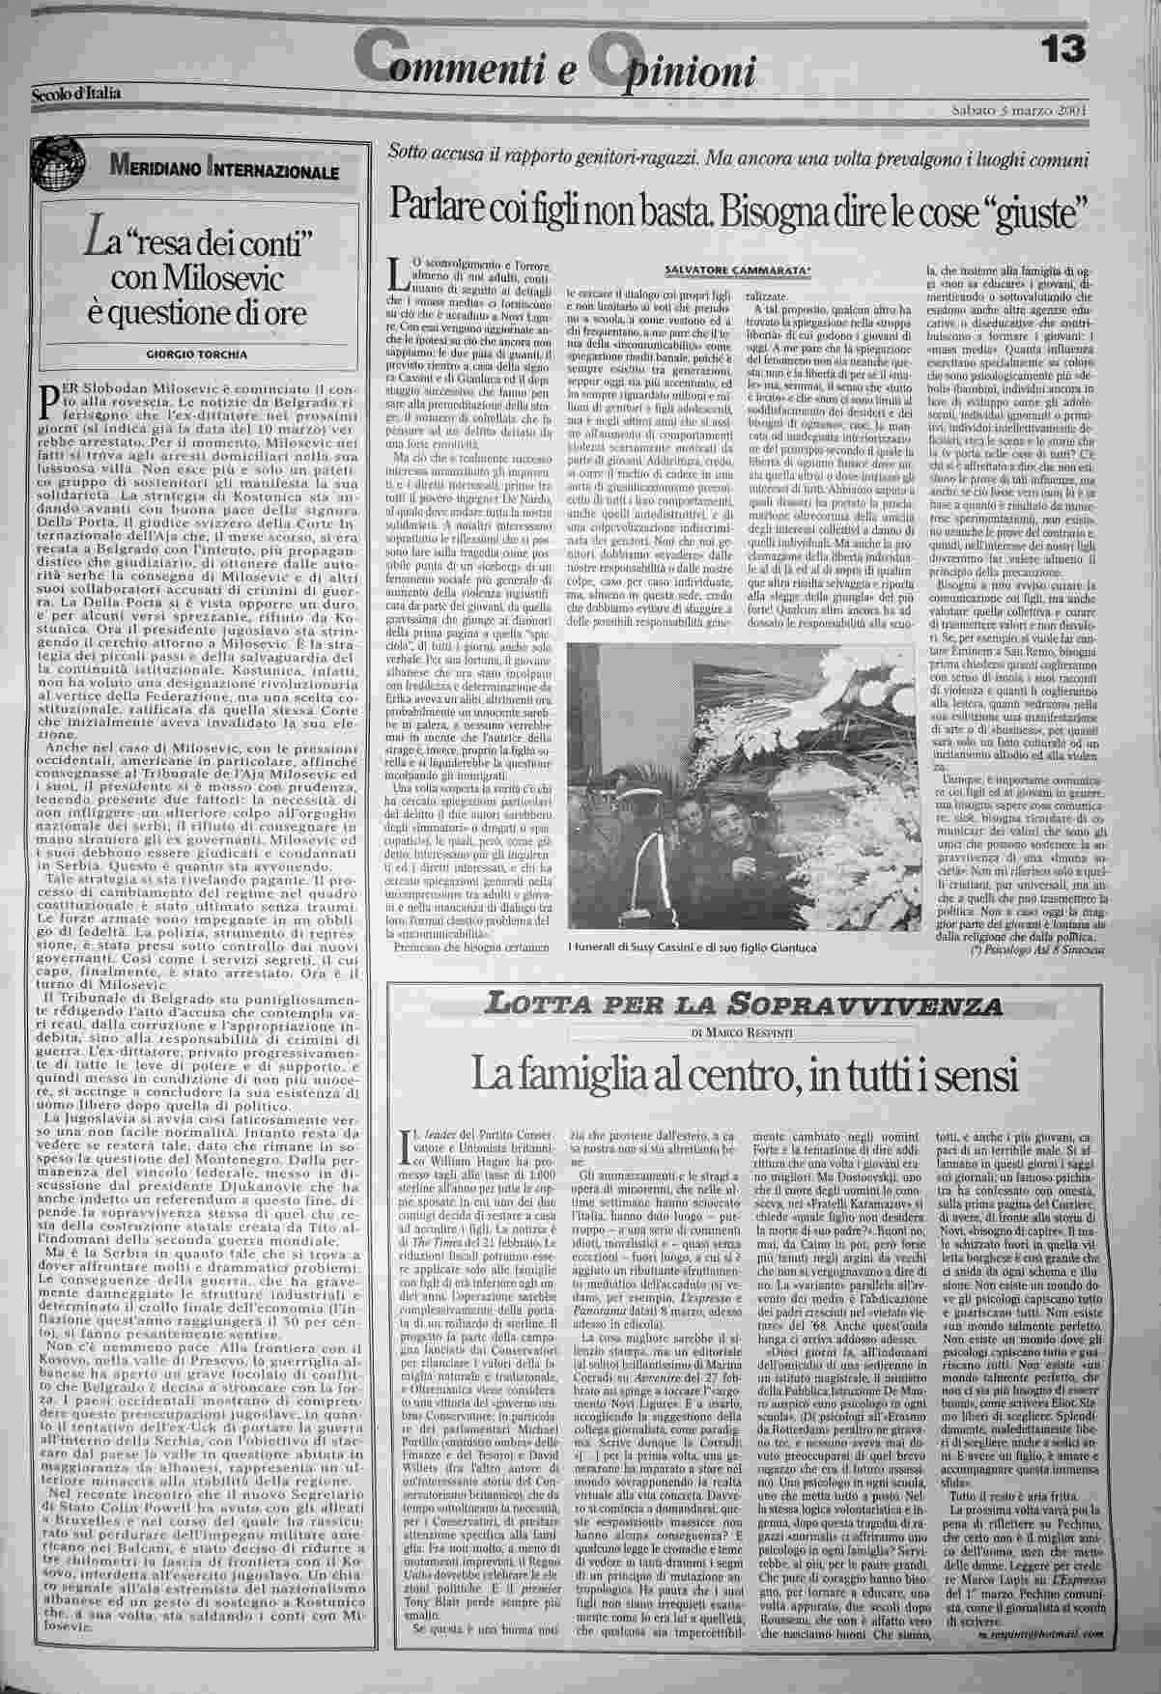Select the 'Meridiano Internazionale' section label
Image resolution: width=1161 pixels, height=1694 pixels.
tap(222, 171)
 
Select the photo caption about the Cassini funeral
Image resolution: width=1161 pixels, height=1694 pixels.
tap(692, 948)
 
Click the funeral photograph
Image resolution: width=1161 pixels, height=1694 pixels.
tap(739, 790)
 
